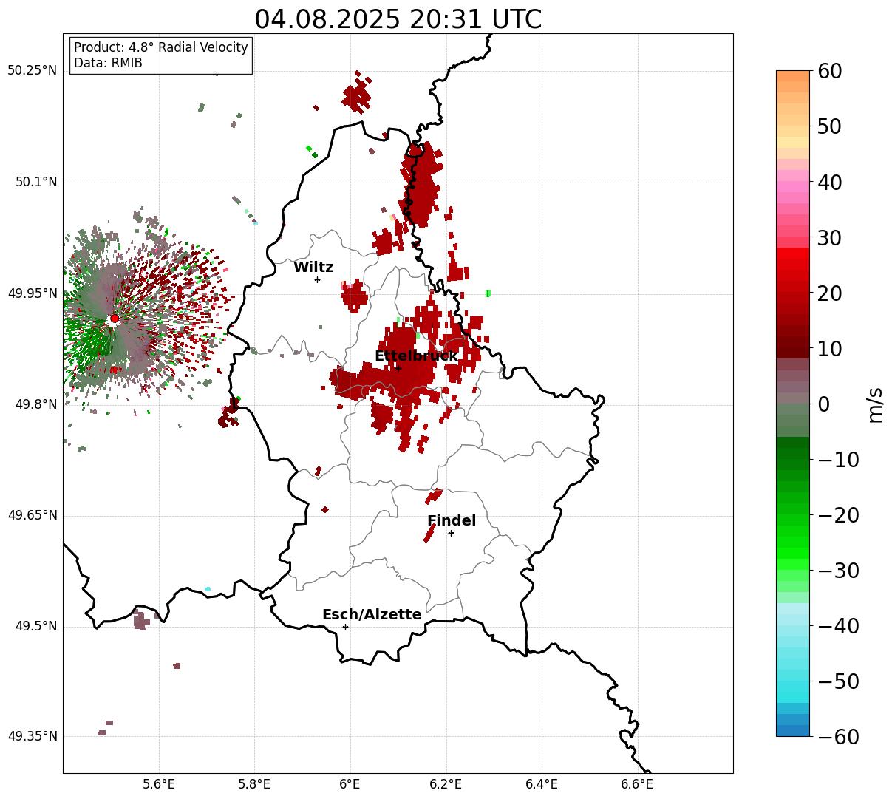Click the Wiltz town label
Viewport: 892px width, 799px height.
[313, 268]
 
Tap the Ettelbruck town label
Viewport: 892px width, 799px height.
[416, 356]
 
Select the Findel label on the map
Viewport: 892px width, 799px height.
[452, 520]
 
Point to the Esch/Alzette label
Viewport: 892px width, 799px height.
[372, 614]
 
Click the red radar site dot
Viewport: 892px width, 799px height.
[114, 319]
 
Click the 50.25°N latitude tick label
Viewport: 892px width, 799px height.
[33, 71]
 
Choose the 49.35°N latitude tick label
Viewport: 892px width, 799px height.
[33, 737]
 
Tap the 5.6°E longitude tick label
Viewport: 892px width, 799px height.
[159, 783]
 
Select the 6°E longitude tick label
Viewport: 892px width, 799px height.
[350, 783]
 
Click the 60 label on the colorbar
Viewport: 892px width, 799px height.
[829, 71]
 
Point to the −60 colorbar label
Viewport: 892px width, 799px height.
[838, 737]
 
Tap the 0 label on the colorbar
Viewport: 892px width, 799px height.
[823, 404]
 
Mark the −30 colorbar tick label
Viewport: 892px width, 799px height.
[838, 571]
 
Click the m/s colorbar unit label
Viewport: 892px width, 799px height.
[876, 404]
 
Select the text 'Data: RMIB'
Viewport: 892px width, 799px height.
[108, 63]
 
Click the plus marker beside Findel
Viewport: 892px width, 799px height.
[451, 533]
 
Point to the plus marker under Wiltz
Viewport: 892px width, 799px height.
[317, 279]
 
